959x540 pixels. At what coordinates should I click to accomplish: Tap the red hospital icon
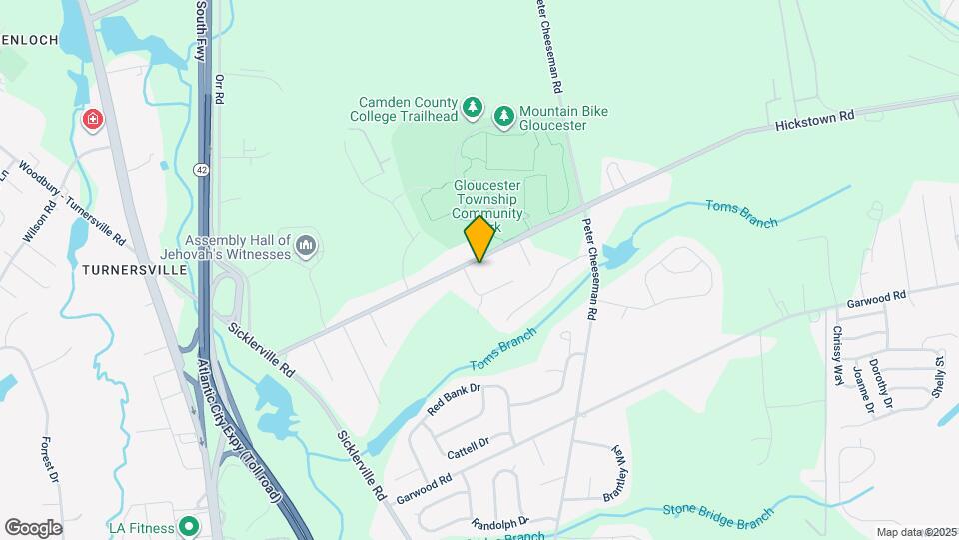point(93,120)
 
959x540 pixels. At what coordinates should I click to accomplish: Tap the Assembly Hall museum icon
point(307,245)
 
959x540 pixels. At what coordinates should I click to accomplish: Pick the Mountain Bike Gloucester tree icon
point(504,117)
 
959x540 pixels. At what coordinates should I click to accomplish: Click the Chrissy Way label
point(837,349)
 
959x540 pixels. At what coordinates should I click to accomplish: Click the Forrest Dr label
point(51,458)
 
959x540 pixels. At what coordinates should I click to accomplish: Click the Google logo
point(34,527)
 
